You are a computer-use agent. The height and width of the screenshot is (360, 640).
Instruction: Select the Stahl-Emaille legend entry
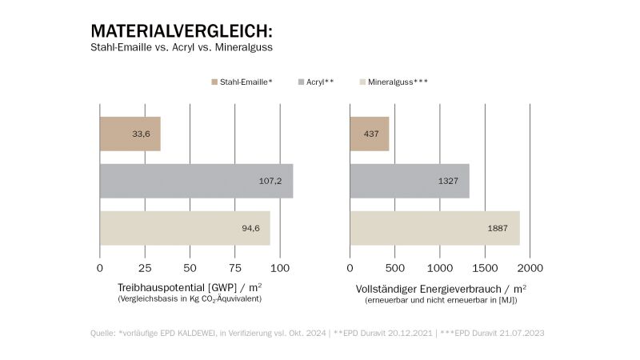coord(243,82)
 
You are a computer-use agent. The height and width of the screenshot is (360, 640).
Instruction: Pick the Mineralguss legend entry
coord(397,82)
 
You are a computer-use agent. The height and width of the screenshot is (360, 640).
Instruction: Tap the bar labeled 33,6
coord(130,134)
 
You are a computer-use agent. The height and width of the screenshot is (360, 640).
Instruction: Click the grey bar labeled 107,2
coord(196,181)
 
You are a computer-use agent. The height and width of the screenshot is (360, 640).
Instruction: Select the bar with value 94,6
coord(185,228)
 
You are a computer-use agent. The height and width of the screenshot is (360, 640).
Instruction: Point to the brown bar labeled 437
coord(370,134)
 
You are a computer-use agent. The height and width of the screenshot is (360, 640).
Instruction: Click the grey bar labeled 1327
coord(410,181)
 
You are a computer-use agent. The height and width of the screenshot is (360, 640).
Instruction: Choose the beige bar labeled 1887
coord(434,228)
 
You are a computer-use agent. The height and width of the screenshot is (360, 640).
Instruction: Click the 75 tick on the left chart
coord(235,267)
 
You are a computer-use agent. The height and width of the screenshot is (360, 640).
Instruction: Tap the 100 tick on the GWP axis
coord(281,267)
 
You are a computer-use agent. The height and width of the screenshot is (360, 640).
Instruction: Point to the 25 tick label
coord(145,267)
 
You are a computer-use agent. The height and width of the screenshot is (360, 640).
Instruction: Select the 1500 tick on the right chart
coord(486,267)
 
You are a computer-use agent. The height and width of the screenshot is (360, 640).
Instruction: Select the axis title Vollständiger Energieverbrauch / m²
coord(441,286)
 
